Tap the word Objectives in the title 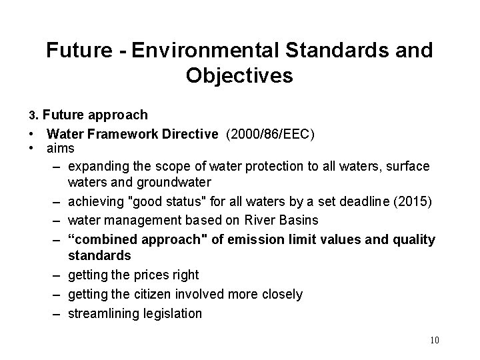[x=239, y=76]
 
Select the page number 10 [x=435, y=341]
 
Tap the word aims [x=61, y=148]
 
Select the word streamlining [x=103, y=313]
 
